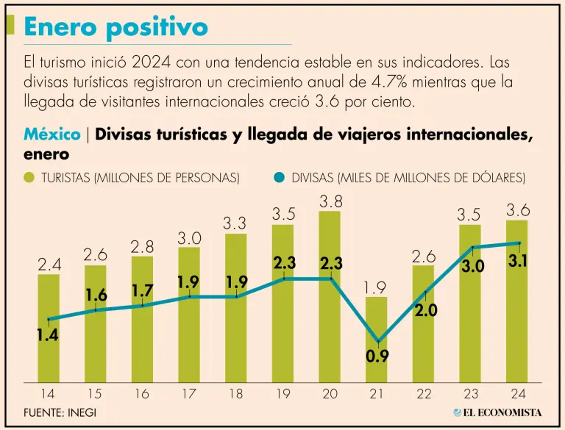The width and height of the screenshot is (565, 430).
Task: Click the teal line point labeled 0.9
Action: pos(378,341)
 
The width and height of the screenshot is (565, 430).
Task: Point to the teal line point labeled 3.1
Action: pos(519,243)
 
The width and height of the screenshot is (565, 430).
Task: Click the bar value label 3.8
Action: pos(330,201)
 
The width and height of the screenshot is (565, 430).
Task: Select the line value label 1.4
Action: pos(48,336)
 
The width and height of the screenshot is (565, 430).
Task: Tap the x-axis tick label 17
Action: pos(189,395)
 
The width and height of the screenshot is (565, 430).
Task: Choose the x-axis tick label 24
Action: pos(518,395)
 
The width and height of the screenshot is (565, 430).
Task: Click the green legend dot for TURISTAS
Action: pos(29,178)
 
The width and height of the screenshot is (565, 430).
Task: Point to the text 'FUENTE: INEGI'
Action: pos(60,412)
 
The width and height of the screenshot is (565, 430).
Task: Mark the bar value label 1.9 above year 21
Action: pos(377,287)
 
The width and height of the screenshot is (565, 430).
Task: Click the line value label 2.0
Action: pos(424,310)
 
